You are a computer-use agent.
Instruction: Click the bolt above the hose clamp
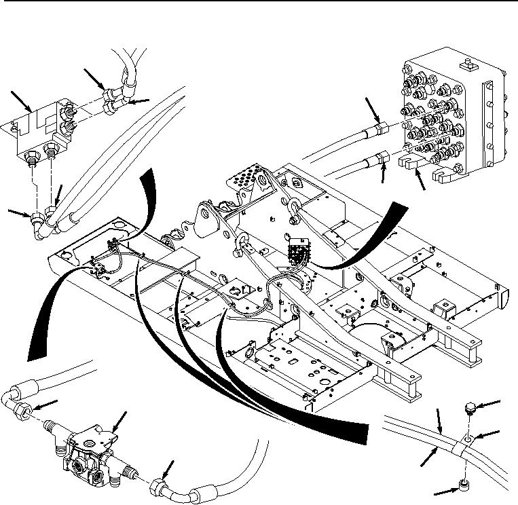(x=467, y=408)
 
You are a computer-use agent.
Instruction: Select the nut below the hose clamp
(x=464, y=485)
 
